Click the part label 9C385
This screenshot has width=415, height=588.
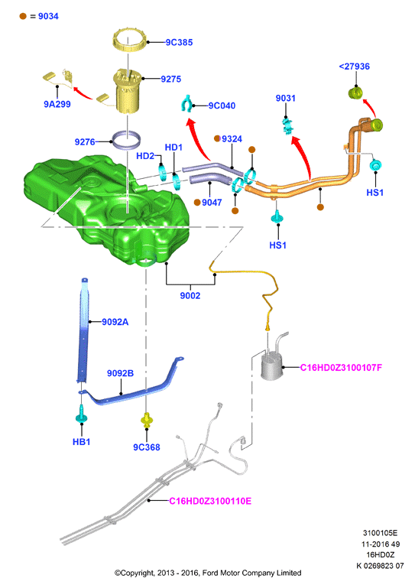[x=179, y=42]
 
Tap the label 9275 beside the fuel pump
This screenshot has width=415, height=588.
[x=170, y=79]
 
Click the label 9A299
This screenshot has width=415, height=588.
[x=57, y=104]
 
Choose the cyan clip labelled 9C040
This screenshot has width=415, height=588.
[x=186, y=103]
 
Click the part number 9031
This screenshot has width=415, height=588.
[x=285, y=98]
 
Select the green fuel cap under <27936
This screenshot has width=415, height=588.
[x=356, y=93]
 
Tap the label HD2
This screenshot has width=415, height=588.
[x=145, y=156]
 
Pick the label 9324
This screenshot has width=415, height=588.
[x=232, y=139]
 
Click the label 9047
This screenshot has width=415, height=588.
[x=212, y=203]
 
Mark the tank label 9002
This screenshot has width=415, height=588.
[x=190, y=296]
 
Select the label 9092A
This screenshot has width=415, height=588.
[x=115, y=322]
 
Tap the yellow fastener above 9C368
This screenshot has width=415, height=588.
[x=147, y=419]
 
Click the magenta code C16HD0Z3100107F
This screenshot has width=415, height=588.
[x=341, y=368]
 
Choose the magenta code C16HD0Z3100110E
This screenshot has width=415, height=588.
[x=210, y=501]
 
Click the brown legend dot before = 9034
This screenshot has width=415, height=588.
[x=23, y=16]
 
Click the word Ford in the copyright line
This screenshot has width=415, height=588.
[x=210, y=573]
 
